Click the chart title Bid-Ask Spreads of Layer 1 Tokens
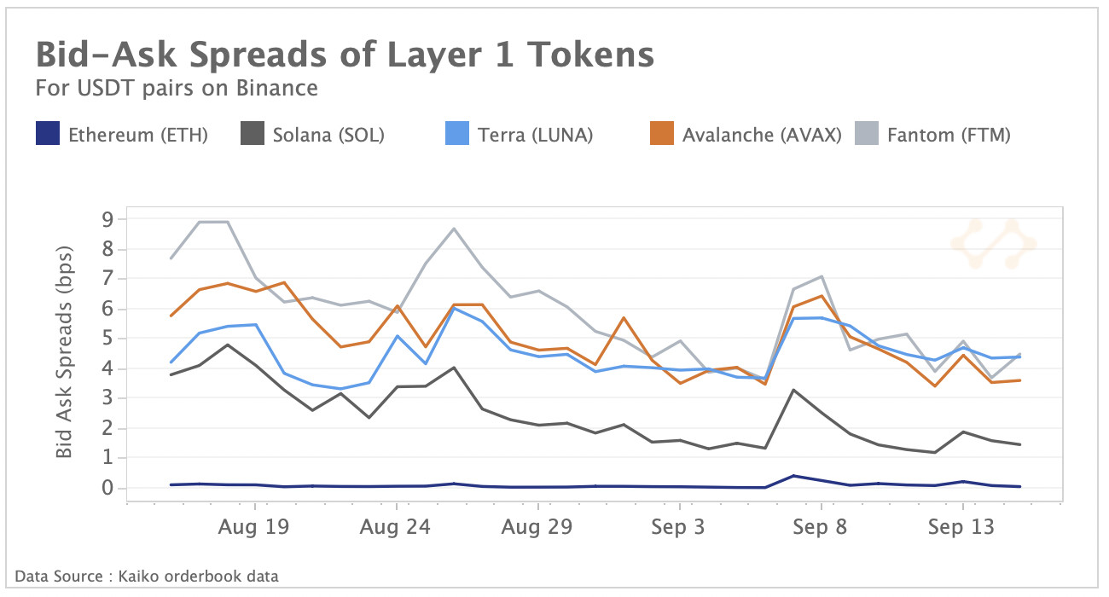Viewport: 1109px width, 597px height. [345, 55]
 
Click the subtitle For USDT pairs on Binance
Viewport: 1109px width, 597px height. [177, 88]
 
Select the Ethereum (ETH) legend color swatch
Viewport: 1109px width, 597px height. [48, 135]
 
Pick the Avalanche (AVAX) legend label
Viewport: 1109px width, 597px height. [762, 135]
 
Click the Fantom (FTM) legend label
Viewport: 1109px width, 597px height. [949, 135]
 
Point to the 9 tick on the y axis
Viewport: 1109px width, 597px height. [107, 220]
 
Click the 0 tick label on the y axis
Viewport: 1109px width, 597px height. [107, 488]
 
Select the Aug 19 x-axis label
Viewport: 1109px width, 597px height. [253, 527]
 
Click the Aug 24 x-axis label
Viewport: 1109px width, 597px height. [395, 527]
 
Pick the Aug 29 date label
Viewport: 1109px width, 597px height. [537, 527]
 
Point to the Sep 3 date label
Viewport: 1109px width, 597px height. [678, 527]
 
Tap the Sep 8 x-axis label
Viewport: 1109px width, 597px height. [820, 527]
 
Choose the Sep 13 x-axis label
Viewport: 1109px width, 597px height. [961, 527]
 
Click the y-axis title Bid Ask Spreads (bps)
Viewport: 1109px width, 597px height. [65, 351]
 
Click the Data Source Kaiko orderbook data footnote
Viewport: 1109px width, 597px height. [146, 577]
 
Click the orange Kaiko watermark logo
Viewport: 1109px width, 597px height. [992, 244]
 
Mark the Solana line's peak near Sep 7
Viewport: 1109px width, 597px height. [793, 390]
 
